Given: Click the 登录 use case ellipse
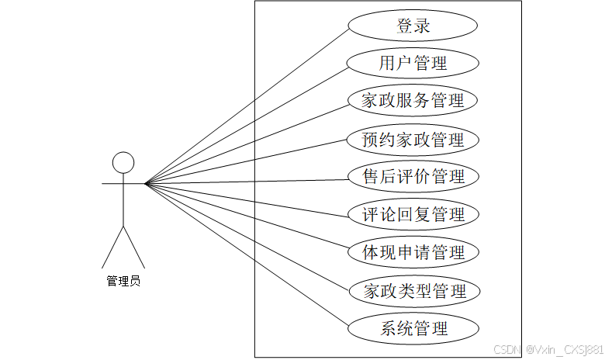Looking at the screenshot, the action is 413,26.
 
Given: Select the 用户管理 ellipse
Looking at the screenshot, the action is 413,63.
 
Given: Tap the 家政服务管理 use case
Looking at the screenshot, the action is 413,101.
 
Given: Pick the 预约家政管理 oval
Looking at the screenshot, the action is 413,140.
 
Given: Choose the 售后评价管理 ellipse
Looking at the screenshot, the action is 413,177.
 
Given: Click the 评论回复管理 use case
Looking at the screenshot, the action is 413,214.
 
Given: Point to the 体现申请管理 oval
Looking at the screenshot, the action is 413,252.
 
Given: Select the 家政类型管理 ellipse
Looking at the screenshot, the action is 413,291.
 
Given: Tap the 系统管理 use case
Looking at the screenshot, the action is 413,328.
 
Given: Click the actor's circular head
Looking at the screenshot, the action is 123,162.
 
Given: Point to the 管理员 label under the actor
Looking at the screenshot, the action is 123,281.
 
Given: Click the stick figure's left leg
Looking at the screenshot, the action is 113,247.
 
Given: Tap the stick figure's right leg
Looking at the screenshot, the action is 134,247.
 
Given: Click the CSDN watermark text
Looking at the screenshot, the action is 506,350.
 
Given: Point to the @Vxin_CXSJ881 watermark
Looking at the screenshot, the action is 564,350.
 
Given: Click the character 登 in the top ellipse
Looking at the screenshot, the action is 404,26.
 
